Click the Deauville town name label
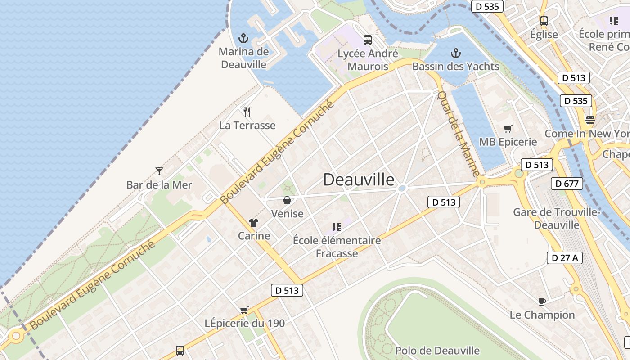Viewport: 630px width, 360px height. point(359,180)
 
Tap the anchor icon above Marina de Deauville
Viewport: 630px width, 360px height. point(243,38)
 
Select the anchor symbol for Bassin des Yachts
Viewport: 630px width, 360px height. point(456,53)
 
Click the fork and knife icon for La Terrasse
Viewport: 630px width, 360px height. point(247,112)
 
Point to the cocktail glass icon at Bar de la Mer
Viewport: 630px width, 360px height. point(159,171)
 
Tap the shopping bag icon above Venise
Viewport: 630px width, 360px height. point(287,200)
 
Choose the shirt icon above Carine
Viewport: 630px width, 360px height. point(254,222)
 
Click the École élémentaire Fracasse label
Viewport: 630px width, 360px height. point(337,247)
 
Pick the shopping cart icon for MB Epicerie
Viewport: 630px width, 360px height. point(508,129)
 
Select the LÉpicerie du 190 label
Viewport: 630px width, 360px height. point(245,323)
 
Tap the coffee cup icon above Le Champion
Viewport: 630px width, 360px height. point(542,301)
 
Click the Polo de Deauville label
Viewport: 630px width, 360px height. point(437,351)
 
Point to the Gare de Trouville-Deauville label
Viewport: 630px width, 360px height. point(557,218)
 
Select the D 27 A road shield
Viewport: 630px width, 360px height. point(565,258)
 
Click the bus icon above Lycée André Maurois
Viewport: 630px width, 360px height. point(368,40)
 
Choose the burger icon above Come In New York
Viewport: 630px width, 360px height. point(590,120)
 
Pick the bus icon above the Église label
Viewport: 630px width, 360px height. point(544,21)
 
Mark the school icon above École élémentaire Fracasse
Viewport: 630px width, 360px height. point(336,227)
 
